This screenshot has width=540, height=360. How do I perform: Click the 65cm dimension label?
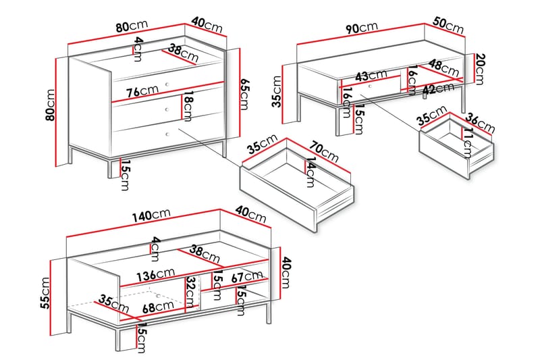pos(244,94)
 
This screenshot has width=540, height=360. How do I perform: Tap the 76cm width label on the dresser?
pos(142,91)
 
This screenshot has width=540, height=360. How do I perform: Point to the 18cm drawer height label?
pos(187,106)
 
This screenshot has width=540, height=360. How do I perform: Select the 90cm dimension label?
pos(362,28)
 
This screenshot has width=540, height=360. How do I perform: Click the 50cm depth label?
pos(448,25)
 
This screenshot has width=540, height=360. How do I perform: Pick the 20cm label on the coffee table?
pos(479,70)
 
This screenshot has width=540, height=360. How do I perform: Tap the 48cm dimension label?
pos(444,68)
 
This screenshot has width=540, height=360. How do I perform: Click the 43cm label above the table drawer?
pos(371,76)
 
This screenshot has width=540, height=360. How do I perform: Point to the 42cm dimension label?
pos(438,88)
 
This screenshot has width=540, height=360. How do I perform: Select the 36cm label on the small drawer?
pos(480,123)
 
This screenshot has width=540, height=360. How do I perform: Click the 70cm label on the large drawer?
pos(324,151)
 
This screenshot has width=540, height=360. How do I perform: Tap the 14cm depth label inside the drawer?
pos(310,172)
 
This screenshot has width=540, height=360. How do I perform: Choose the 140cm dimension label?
pos(151,215)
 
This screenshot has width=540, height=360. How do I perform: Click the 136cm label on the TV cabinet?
pos(156,275)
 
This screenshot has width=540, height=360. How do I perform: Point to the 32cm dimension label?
pos(190,292)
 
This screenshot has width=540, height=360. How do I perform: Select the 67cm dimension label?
pos(246,276)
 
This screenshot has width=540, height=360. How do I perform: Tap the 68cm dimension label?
pos(158,306)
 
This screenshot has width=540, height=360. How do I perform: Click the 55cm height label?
pos(45,293)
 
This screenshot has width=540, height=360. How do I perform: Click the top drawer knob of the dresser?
pos(167,84)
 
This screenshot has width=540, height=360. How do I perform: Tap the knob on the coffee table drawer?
pos(370,86)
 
